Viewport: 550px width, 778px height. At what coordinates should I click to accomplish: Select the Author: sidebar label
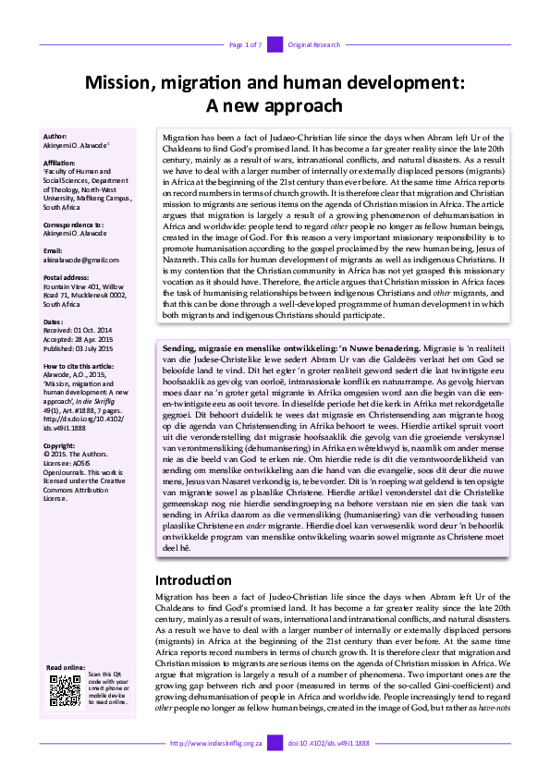(x=55, y=136)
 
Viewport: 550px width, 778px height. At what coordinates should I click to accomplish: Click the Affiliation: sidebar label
(x=62, y=162)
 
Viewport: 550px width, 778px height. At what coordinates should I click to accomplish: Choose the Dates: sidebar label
(x=54, y=321)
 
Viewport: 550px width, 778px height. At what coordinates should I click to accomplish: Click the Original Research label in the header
(x=315, y=44)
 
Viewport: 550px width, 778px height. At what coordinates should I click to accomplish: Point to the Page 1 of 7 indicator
(x=245, y=44)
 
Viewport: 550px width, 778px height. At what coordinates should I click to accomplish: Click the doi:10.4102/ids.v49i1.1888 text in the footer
(x=329, y=744)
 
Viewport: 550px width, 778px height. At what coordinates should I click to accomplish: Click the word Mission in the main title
(x=120, y=83)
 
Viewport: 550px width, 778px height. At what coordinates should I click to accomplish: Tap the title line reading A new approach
(x=275, y=106)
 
